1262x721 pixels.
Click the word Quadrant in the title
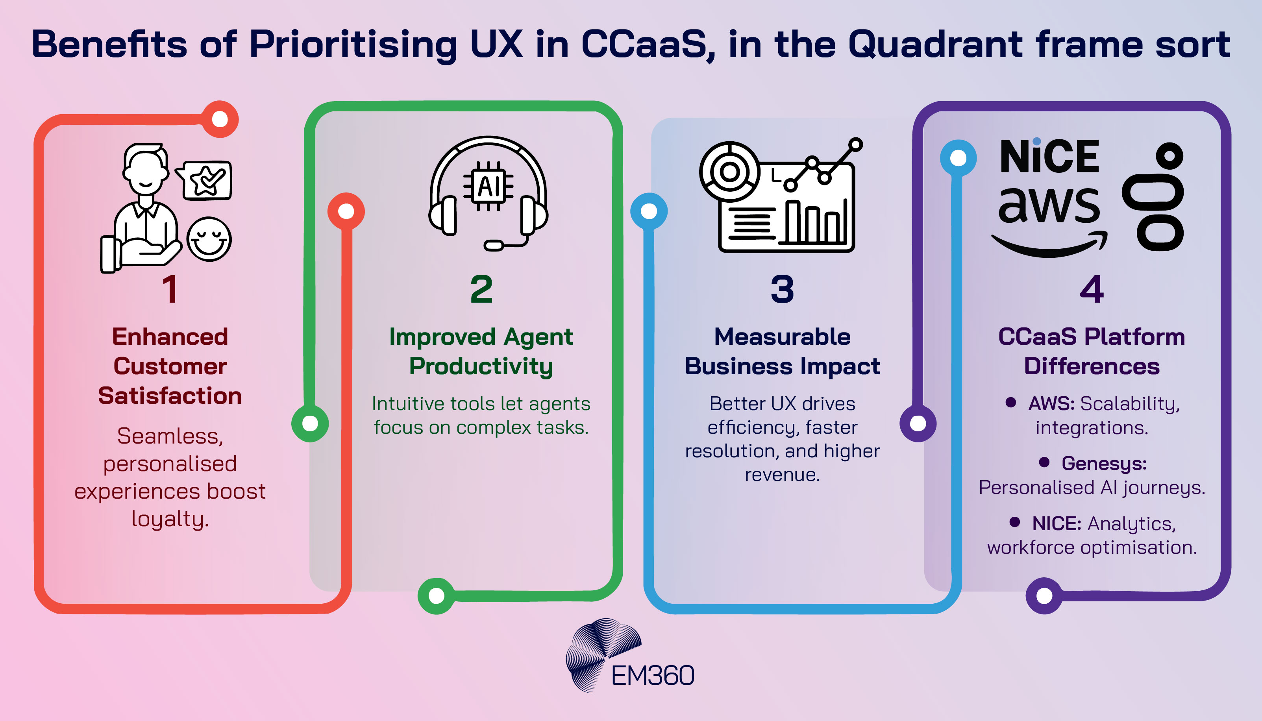click(935, 44)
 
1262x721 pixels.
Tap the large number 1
click(170, 289)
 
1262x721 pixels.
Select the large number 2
click(481, 289)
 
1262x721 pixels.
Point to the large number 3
click(782, 289)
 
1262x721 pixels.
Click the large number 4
click(1092, 289)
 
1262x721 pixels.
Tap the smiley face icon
click(209, 239)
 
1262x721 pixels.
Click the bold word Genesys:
click(1104, 464)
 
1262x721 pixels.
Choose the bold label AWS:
click(1051, 403)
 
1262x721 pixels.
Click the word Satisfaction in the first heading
click(170, 396)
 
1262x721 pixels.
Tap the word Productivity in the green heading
click(481, 367)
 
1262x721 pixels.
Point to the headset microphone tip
click(493, 245)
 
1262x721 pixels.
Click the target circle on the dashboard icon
click(729, 172)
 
